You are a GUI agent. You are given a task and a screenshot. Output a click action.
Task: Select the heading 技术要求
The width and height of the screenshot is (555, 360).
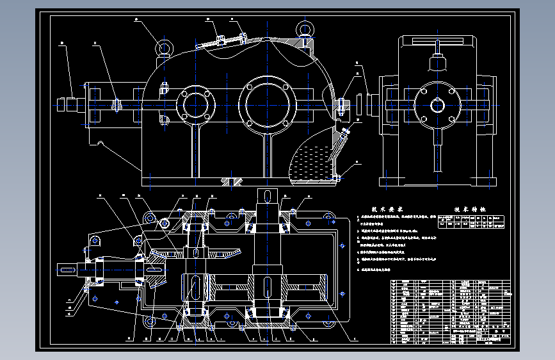tap(388, 209)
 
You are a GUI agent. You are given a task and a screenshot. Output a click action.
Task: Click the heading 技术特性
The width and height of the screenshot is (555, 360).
tap(471, 209)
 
